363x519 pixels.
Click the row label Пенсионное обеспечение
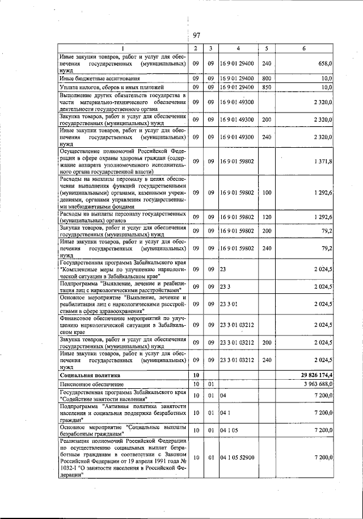(92, 385)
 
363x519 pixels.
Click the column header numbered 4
(238, 48)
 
